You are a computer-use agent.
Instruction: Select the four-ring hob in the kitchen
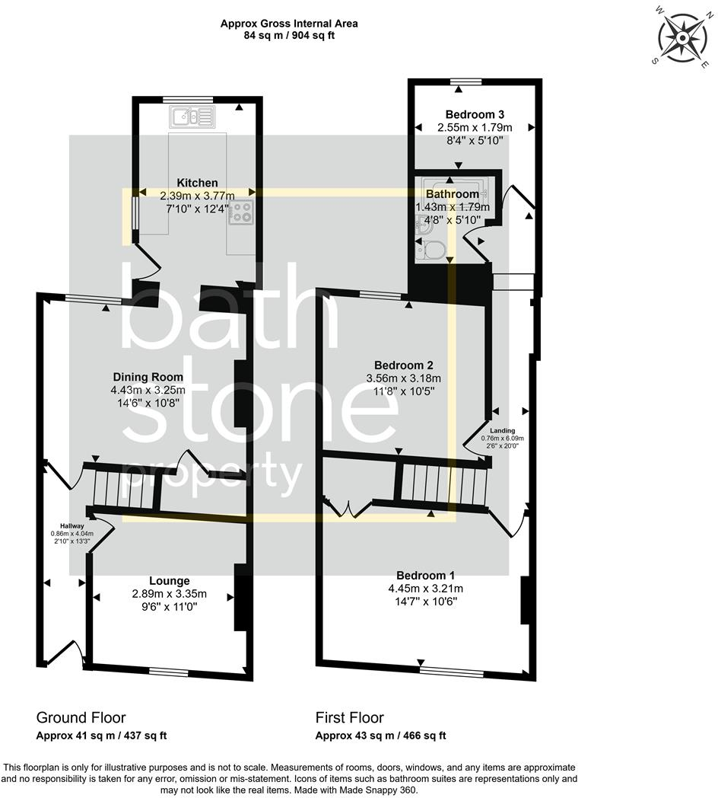(x=242, y=212)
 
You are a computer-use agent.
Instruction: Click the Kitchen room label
(x=197, y=183)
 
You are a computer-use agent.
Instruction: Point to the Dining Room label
(x=148, y=377)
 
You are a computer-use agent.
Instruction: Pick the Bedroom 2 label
(x=404, y=364)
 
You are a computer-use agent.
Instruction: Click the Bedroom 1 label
(x=425, y=575)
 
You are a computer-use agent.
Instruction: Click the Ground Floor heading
(x=81, y=717)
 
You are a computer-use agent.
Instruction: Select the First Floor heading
(x=349, y=717)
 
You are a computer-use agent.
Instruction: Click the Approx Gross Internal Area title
(x=289, y=24)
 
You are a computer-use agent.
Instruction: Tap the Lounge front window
(x=169, y=672)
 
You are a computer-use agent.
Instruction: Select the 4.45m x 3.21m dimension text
(x=425, y=588)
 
